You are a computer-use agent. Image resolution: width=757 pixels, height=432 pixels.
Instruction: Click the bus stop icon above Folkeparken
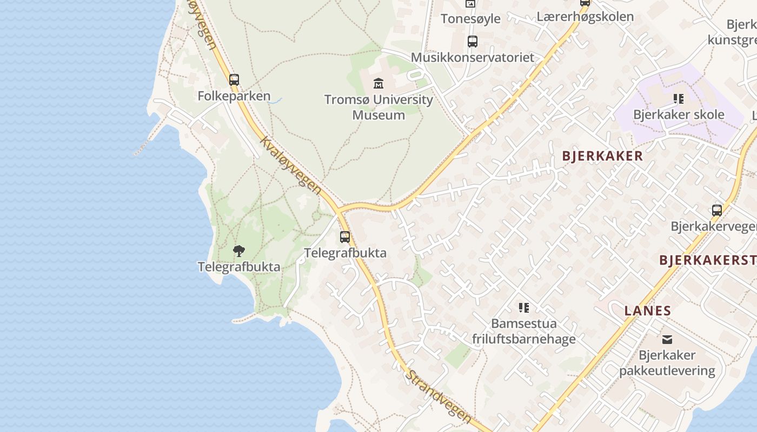[x=234, y=80]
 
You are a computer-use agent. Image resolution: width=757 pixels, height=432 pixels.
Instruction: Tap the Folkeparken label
[x=234, y=96]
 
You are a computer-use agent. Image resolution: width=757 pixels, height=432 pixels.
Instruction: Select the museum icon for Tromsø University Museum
[x=378, y=83]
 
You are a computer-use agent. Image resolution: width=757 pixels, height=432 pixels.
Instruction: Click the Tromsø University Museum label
[x=378, y=107]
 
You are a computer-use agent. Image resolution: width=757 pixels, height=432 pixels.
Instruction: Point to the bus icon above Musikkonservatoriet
[x=472, y=42]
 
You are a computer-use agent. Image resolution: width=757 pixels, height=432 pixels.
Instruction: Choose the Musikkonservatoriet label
[x=472, y=57]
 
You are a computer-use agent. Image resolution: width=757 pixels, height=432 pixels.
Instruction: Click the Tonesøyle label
[x=470, y=19]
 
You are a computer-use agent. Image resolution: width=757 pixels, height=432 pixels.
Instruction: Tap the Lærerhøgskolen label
[x=585, y=17]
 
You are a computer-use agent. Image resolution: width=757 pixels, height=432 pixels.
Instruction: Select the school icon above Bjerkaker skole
[x=678, y=99]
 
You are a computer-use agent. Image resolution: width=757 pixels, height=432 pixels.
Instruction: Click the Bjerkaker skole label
[x=679, y=114]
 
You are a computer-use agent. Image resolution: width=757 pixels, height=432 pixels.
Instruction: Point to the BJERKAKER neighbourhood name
[x=602, y=156]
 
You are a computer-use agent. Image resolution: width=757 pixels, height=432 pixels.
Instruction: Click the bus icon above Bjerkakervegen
[x=716, y=211]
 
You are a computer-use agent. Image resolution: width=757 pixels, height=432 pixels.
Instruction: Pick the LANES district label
[x=647, y=311]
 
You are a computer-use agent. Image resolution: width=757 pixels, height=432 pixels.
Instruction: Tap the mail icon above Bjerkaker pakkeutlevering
[x=667, y=339]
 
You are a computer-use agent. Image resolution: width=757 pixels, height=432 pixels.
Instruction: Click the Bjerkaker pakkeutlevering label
[x=667, y=363]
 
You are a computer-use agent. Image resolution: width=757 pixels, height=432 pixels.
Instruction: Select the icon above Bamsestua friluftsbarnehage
[x=523, y=308]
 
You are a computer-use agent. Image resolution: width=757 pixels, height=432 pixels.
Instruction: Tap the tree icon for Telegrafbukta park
[x=238, y=251]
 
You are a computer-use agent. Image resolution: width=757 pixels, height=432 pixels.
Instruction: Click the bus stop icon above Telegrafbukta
[x=345, y=237]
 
